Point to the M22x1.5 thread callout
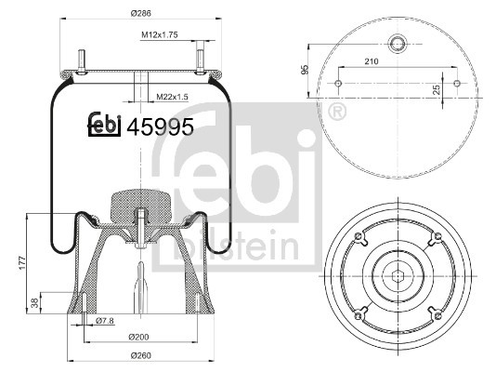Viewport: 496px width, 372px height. coord(172,97)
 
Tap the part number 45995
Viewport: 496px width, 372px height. coord(165,128)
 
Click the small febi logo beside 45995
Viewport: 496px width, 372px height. coord(105,127)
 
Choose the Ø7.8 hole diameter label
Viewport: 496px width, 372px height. coord(106,321)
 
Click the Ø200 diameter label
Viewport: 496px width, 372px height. coord(139,336)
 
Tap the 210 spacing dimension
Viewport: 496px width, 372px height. coord(371,61)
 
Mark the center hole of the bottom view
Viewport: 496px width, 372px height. coord(398,275)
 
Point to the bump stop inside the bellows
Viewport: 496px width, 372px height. coord(138,206)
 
